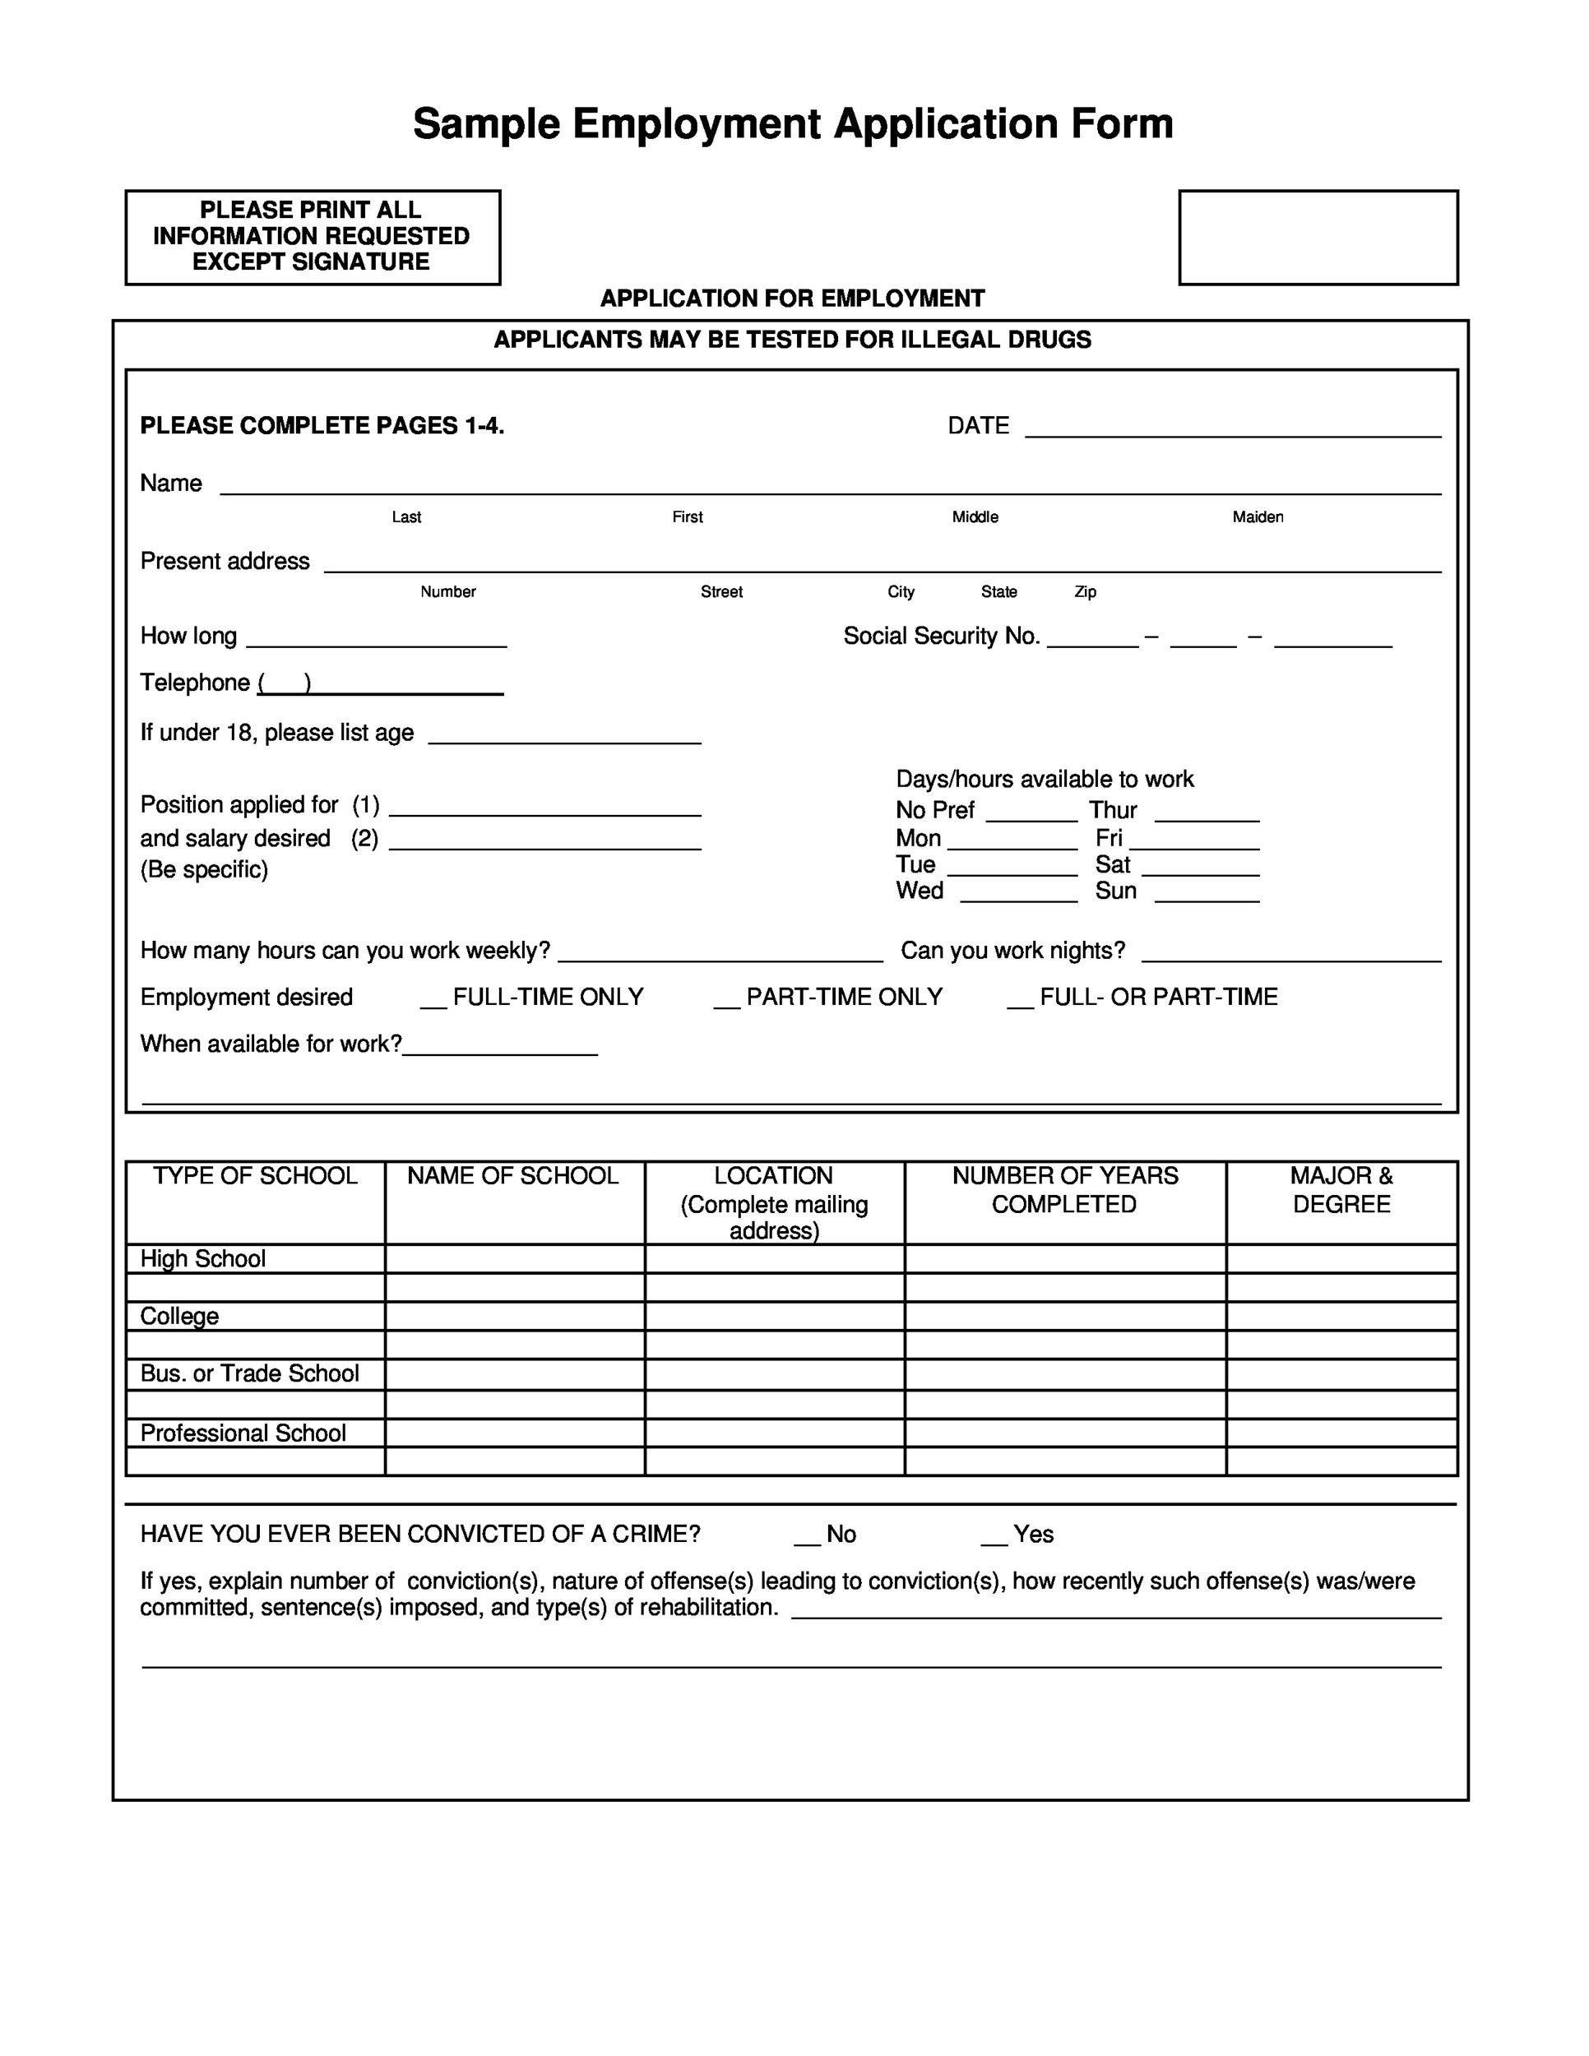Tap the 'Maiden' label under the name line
click(x=1258, y=516)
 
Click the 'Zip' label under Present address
click(x=1085, y=591)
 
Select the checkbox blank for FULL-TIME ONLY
click(x=433, y=1003)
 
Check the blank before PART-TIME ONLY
click(x=725, y=1003)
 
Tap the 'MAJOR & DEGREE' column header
click(x=1341, y=1190)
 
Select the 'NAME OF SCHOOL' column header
click(x=512, y=1176)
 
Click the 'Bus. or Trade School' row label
click(x=249, y=1373)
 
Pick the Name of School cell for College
click(x=514, y=1316)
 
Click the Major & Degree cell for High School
click(x=1341, y=1258)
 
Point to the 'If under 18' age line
click(x=564, y=737)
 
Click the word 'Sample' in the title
click(x=486, y=124)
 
